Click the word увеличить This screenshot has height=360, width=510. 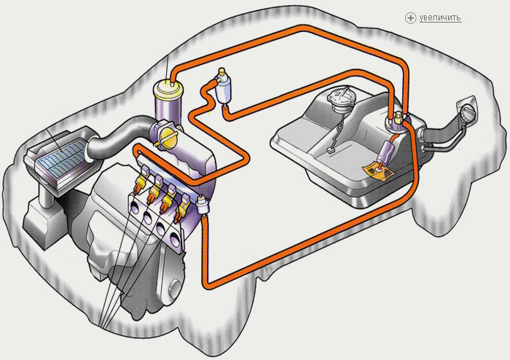click(440, 17)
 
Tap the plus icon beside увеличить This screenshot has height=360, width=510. click(410, 17)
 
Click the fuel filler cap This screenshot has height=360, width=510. click(468, 114)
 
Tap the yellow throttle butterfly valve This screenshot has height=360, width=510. click(169, 139)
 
